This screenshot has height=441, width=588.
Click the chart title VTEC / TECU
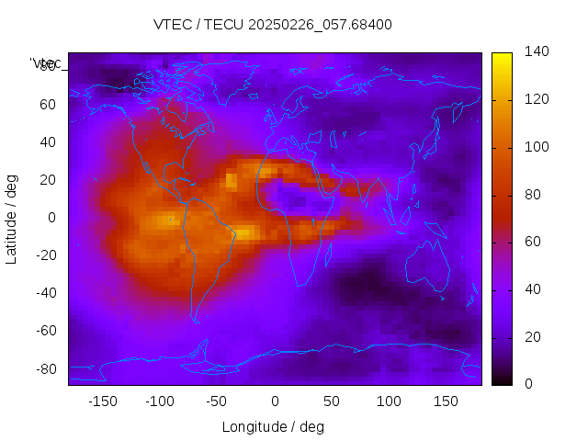tap(273, 24)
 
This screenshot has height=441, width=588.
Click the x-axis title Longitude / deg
tap(273, 426)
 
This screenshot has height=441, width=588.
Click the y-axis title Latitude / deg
tap(12, 218)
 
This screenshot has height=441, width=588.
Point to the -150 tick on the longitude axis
tap(102, 401)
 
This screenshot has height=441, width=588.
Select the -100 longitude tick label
tap(159, 401)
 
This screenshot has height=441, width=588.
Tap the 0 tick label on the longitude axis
tap(274, 401)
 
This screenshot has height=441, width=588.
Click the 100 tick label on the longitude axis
tap(389, 401)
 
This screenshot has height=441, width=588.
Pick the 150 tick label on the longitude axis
tap(446, 401)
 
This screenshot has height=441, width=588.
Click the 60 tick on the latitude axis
tap(48, 104)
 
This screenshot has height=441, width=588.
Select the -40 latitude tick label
tap(45, 293)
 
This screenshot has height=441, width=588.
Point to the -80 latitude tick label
tap(45, 368)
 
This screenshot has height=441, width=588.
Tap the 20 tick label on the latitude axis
tap(48, 179)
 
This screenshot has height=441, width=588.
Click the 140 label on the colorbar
tap(537, 51)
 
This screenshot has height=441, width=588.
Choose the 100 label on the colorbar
tap(537, 147)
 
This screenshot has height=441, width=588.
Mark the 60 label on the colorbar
tap(533, 242)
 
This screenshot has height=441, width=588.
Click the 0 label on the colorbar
tap(529, 384)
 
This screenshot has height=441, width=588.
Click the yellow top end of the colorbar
tap(502, 57)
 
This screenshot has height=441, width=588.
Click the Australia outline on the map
tap(429, 266)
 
